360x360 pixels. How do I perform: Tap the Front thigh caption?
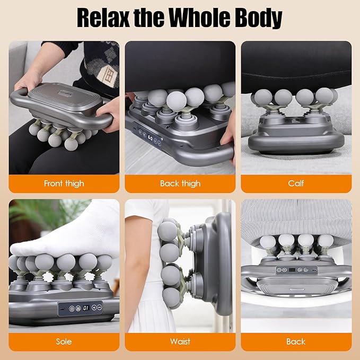coord(64,183)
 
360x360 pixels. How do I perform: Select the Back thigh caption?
coord(180,183)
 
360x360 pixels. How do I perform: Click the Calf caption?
coord(296,183)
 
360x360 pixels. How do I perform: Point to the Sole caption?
coord(64,341)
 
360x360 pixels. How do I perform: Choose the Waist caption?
coord(180,341)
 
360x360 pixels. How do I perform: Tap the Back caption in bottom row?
coord(296,341)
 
